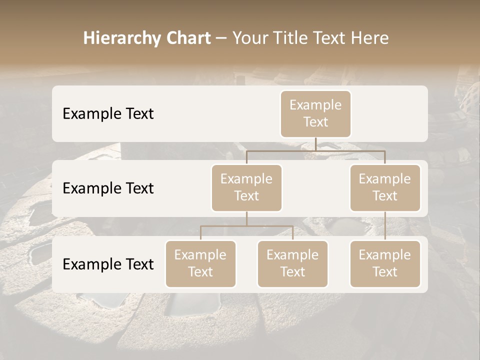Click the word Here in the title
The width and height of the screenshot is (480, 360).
point(369,38)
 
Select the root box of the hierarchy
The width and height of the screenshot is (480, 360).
point(315,114)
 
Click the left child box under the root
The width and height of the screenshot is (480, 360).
point(246,188)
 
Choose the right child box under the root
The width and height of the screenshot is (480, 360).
point(385,188)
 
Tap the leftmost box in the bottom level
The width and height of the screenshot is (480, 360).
point(200,264)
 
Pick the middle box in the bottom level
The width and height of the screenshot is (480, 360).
point(292,264)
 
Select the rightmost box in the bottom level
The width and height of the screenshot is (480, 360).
point(385,264)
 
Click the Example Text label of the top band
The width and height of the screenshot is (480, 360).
point(108,114)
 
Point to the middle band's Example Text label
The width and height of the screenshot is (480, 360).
point(108,188)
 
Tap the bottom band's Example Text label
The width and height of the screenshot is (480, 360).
point(108,264)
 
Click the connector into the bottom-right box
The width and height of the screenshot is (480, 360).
point(385,226)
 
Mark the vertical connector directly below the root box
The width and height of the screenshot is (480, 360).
point(315,144)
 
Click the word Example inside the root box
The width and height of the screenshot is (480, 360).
point(315,105)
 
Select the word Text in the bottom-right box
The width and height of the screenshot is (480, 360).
point(385,272)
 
